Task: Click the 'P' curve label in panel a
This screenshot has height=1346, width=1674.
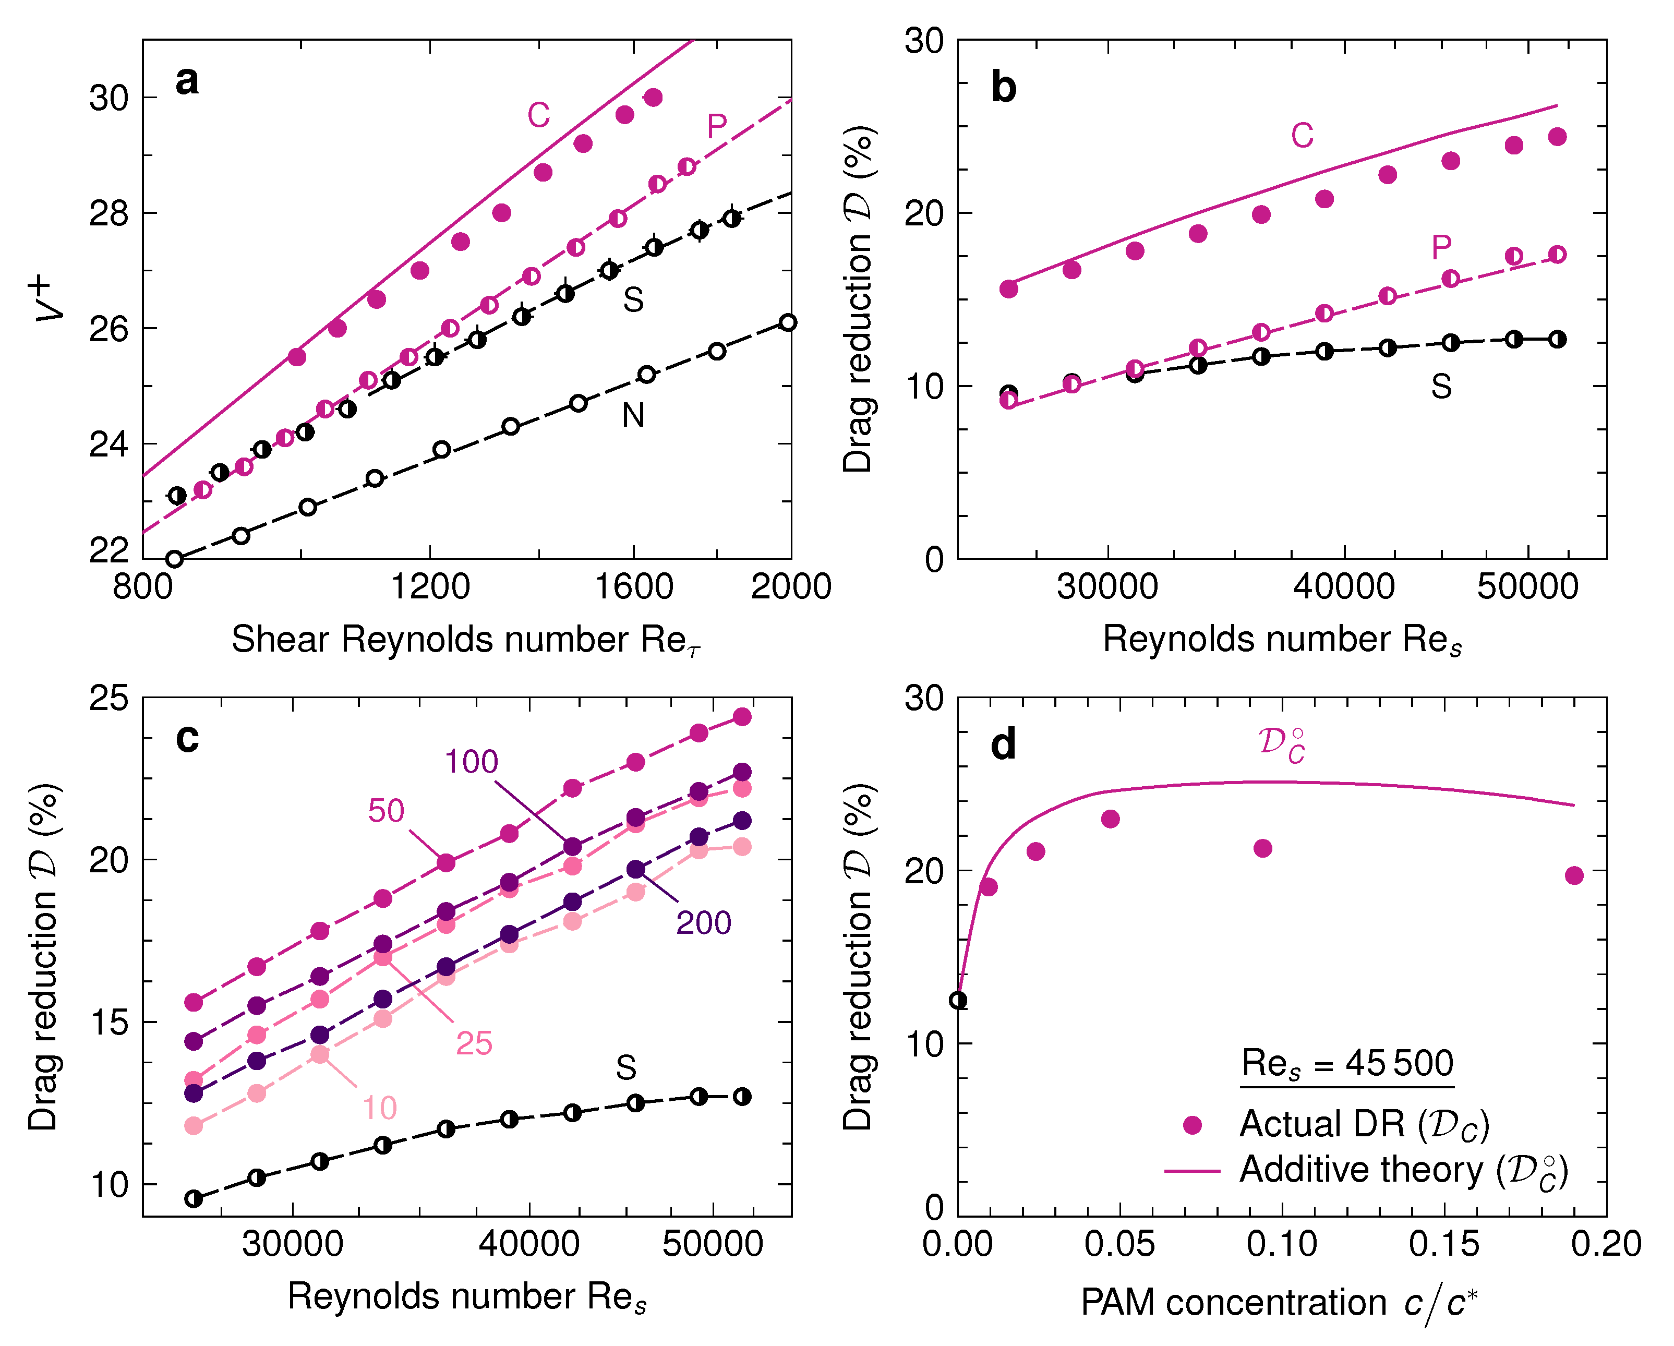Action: coord(717,126)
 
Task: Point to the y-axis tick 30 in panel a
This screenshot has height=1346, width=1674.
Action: coord(108,99)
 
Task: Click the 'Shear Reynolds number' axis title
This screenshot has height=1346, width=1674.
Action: coord(466,641)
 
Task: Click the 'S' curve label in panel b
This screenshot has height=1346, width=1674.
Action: coord(1441,387)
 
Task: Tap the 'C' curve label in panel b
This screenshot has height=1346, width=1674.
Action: coord(1302,136)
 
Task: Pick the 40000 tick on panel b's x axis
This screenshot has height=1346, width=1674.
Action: coord(1343,586)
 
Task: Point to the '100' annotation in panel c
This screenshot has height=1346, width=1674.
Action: coord(471,762)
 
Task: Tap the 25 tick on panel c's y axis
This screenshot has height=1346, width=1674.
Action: coord(108,698)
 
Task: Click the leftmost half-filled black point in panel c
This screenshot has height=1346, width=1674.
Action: coord(194,1198)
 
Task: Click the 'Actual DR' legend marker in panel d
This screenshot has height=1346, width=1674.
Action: coord(1192,1125)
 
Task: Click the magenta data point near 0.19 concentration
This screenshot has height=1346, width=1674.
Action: coord(1574,875)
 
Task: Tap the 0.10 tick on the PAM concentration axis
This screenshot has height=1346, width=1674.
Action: coord(1281,1244)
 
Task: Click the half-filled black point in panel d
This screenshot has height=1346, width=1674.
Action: coord(959,1000)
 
